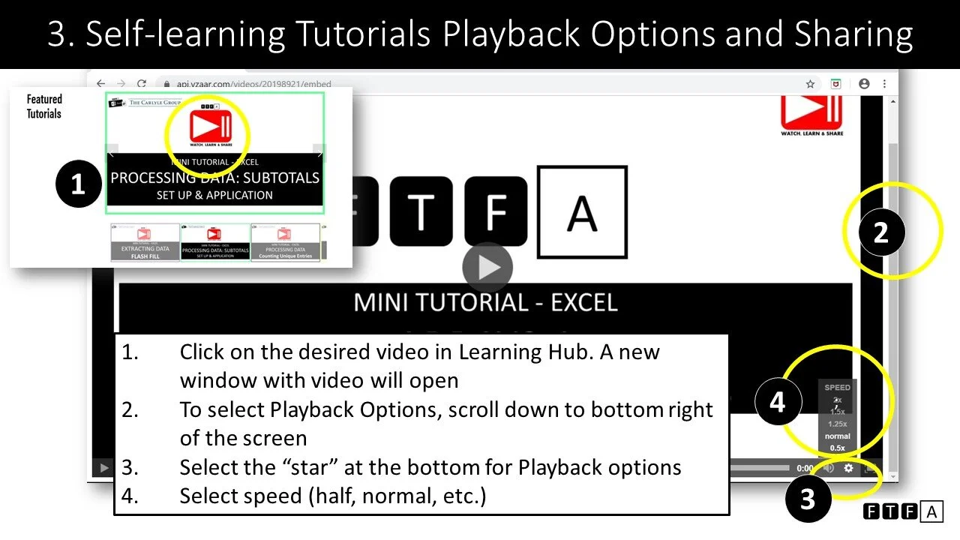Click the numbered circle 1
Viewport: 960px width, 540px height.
tap(78, 184)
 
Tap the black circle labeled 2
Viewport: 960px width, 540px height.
tap(880, 232)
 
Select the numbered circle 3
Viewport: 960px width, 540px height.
tap(807, 498)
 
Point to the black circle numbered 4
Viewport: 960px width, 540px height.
tap(777, 402)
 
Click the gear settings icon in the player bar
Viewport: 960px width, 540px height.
tap(849, 468)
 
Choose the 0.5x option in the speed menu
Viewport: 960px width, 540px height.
tap(837, 448)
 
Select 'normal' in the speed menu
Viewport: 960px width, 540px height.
tap(837, 436)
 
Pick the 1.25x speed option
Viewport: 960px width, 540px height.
tap(837, 424)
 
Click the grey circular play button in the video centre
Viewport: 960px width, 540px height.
tap(487, 267)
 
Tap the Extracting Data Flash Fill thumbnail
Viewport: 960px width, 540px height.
tap(145, 242)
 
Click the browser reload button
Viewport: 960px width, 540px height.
tap(141, 84)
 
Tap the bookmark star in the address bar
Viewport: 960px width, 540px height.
tap(810, 84)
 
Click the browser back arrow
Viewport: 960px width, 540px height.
tap(101, 84)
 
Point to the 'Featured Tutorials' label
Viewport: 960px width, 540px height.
tap(44, 106)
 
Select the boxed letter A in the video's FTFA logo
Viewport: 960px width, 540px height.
tap(582, 212)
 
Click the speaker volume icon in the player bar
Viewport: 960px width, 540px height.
tap(829, 468)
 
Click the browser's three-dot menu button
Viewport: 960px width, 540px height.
tap(885, 84)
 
